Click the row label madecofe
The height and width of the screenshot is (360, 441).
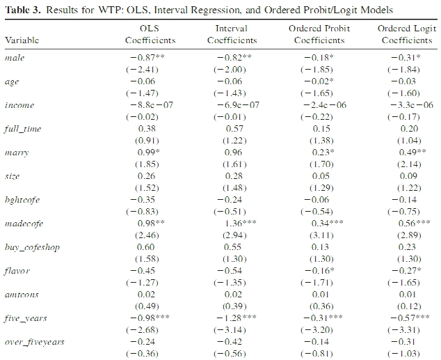(x=24, y=224)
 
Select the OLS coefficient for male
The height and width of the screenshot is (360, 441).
(x=147, y=57)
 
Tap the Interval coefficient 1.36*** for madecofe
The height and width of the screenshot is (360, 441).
(x=241, y=224)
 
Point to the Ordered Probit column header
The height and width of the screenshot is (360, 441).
(x=319, y=34)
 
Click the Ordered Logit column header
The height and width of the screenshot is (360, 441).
(x=407, y=34)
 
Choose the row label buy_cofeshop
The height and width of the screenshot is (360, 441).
(x=32, y=247)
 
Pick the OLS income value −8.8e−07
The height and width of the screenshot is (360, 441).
(x=152, y=105)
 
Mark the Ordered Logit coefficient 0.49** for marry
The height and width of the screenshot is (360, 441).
(x=412, y=152)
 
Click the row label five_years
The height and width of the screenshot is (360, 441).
(x=26, y=318)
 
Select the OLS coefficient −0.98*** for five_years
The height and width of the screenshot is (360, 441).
(x=150, y=318)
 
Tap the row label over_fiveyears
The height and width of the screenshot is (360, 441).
(x=34, y=342)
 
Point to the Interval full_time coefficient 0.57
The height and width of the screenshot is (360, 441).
(x=234, y=129)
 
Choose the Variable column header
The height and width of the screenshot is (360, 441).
(x=22, y=40)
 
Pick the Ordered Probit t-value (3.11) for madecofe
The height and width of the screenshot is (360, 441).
(x=321, y=235)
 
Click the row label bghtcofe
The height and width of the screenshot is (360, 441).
(x=22, y=200)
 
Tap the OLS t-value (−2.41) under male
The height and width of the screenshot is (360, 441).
(x=142, y=70)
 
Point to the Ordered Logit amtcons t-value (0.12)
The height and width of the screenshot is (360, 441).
(x=409, y=306)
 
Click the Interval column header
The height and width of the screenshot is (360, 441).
(x=232, y=34)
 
